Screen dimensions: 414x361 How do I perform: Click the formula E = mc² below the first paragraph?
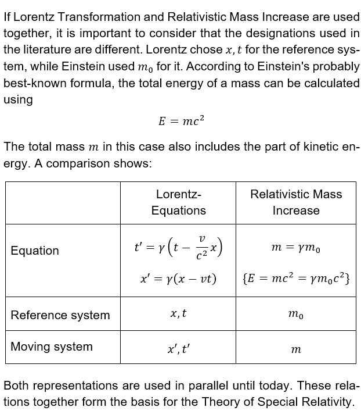pos(181,122)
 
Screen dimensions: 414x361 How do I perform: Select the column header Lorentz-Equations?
pos(179,202)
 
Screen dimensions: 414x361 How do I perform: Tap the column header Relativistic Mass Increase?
pos(296,202)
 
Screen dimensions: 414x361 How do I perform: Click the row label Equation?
pos(35,251)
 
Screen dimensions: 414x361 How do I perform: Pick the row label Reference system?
pos(60,315)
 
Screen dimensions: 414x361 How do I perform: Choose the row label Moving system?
pos(52,347)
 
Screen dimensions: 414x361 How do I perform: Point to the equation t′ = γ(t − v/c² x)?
pos(179,248)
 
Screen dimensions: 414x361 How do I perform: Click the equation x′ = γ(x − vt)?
pos(179,279)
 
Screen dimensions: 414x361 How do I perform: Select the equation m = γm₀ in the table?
pos(296,249)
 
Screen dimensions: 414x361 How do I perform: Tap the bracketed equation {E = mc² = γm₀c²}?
pos(296,279)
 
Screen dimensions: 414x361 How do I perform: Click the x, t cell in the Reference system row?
pos(179,314)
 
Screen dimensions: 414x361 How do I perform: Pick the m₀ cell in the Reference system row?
pos(296,315)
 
